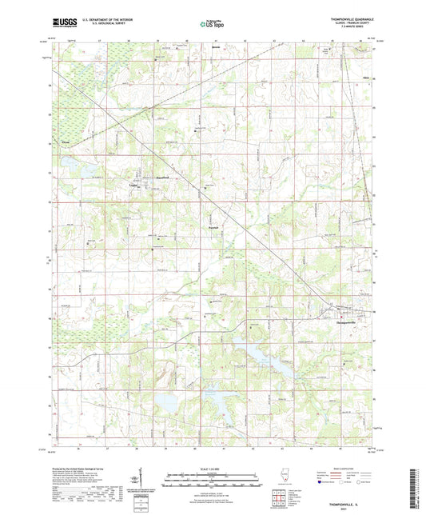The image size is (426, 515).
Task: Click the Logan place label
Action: pyautogui.click(x=133, y=183)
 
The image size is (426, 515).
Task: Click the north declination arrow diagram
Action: pyautogui.click(x=133, y=479)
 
